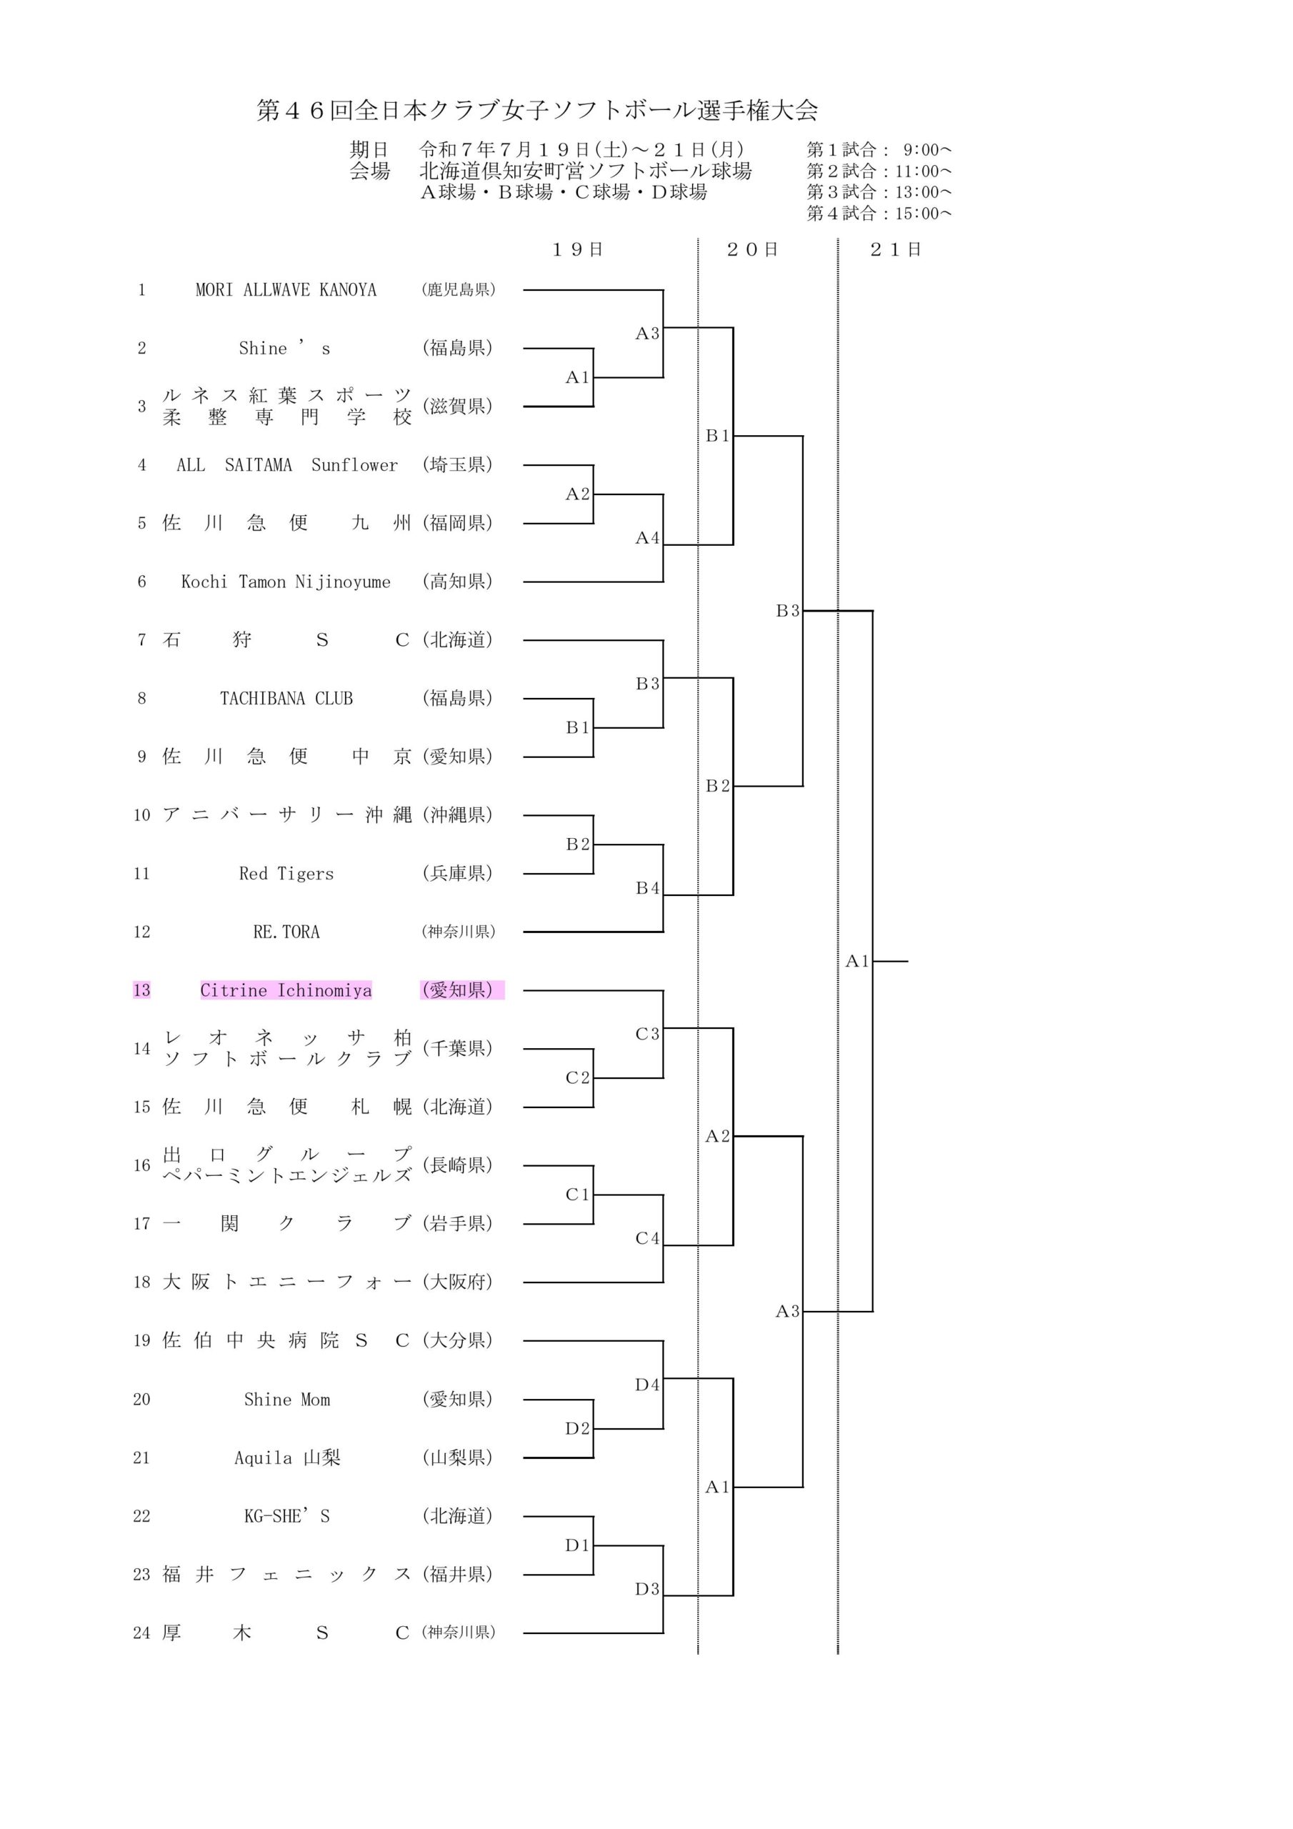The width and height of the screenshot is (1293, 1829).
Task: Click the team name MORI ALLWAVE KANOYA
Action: tap(286, 290)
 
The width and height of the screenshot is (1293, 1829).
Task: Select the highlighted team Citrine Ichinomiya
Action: tap(286, 990)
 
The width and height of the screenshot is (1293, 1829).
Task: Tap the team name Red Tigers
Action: tap(286, 874)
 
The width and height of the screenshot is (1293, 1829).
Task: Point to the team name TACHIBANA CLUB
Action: tap(286, 699)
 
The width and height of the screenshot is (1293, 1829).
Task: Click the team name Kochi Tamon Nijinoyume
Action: tap(286, 582)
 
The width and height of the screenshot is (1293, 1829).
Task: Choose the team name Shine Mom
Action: tap(286, 1400)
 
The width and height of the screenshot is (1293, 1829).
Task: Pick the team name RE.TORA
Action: tap(286, 932)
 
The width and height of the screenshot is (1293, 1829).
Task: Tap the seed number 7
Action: tap(142, 640)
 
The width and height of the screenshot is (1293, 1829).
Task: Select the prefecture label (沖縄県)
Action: tap(458, 815)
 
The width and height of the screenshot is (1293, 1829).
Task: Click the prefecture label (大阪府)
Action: tap(458, 1282)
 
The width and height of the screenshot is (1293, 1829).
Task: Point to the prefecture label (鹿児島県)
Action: tap(458, 290)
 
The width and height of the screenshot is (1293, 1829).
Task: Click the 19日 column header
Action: tap(578, 250)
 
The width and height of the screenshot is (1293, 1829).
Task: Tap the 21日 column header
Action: tap(896, 250)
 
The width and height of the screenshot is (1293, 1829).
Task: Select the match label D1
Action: tap(576, 1545)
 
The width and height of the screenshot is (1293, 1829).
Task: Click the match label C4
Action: tap(647, 1239)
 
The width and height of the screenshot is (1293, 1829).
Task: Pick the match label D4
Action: tap(647, 1385)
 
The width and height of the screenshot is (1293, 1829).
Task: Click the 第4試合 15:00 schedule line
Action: tap(879, 214)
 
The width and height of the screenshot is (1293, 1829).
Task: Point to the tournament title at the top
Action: tap(537, 111)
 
